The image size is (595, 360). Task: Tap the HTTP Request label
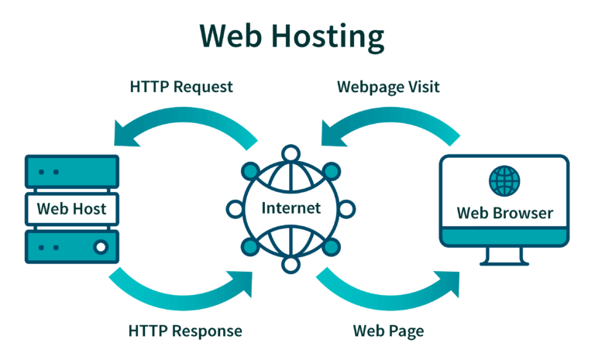[181, 86]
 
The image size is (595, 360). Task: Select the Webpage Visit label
[388, 86]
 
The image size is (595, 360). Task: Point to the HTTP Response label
[185, 331]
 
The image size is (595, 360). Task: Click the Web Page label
[388, 331]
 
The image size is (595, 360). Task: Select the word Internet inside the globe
[291, 208]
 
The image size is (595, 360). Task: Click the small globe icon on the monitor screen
[504, 180]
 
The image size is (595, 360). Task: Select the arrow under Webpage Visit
[387, 124]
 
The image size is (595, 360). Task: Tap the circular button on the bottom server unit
[100, 248]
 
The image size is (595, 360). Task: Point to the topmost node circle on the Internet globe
[291, 153]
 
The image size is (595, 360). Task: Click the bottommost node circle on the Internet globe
[291, 264]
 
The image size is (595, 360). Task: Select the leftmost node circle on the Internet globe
[236, 208]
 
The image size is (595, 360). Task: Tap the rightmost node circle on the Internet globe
[346, 208]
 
